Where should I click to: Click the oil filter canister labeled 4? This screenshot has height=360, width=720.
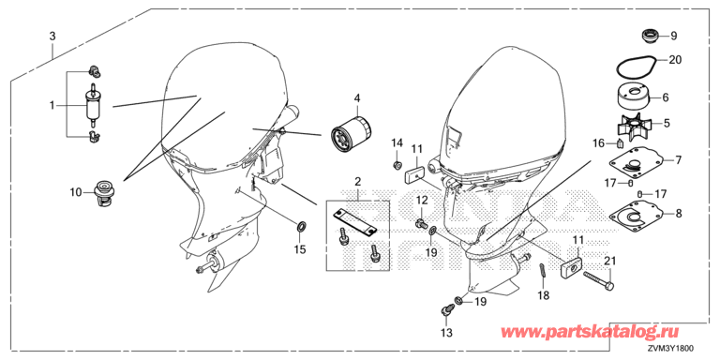coord(351,134)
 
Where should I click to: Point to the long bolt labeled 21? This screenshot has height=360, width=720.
coord(599,280)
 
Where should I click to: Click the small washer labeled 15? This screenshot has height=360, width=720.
coord(302,226)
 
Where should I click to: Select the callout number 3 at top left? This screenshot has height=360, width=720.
coord(52,37)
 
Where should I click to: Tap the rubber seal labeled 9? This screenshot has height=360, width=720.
coord(650,36)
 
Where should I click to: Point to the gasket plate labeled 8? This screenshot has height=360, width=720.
coord(637,215)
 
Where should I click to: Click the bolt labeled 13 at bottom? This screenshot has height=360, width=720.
coord(445,311)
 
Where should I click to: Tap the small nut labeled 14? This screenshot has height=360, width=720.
coord(398,164)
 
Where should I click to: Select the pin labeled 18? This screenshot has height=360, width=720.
coord(542,269)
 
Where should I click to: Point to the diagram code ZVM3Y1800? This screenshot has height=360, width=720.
coord(671,350)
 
